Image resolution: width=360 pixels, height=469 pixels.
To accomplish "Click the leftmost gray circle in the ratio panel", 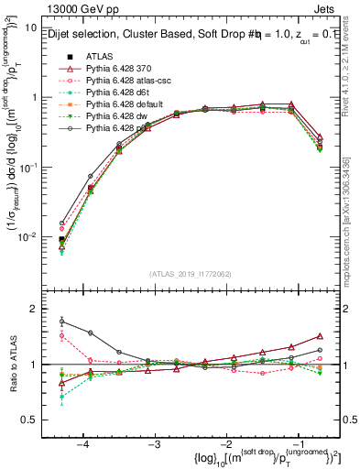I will click(61, 322).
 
